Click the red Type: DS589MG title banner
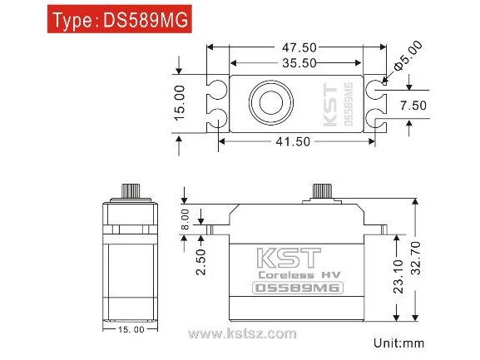click(x=120, y=19)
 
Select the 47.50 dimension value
click(x=299, y=47)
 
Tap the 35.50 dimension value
click(x=299, y=63)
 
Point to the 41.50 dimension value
click(x=293, y=141)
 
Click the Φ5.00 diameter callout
click(x=408, y=56)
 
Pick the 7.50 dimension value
click(x=413, y=106)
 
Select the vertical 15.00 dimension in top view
click(x=180, y=103)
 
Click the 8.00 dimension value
click(x=186, y=219)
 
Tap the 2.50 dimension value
click(x=201, y=262)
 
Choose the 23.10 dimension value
click(x=398, y=277)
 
